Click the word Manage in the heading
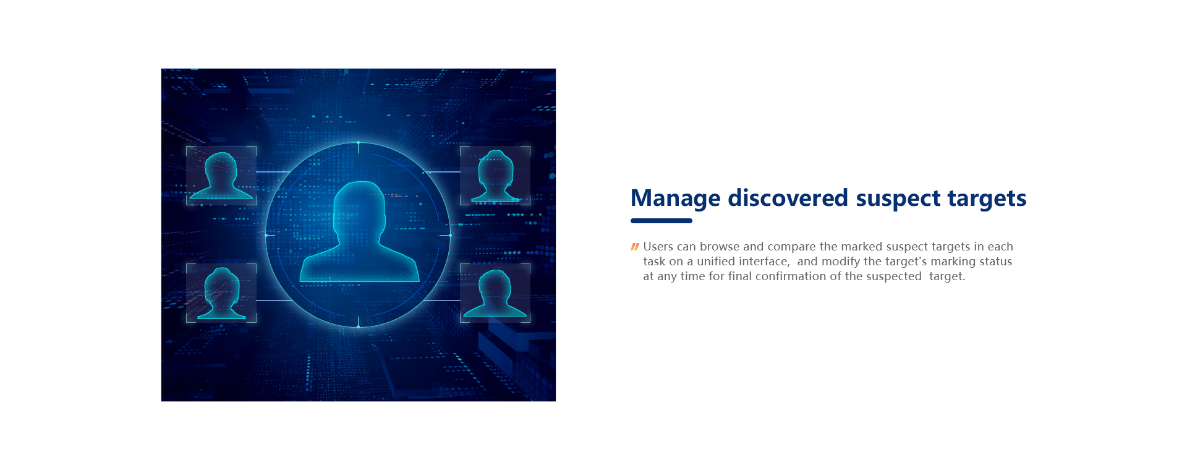[676, 199]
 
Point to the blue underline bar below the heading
[662, 221]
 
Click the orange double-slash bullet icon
[634, 247]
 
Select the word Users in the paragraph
[658, 246]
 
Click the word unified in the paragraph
[717, 261]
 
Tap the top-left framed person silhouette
[221, 176]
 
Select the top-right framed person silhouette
[495, 176]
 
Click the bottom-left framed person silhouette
[221, 294]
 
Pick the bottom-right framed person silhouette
[495, 294]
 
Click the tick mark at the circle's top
[358, 147]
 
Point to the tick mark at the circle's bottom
[358, 322]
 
